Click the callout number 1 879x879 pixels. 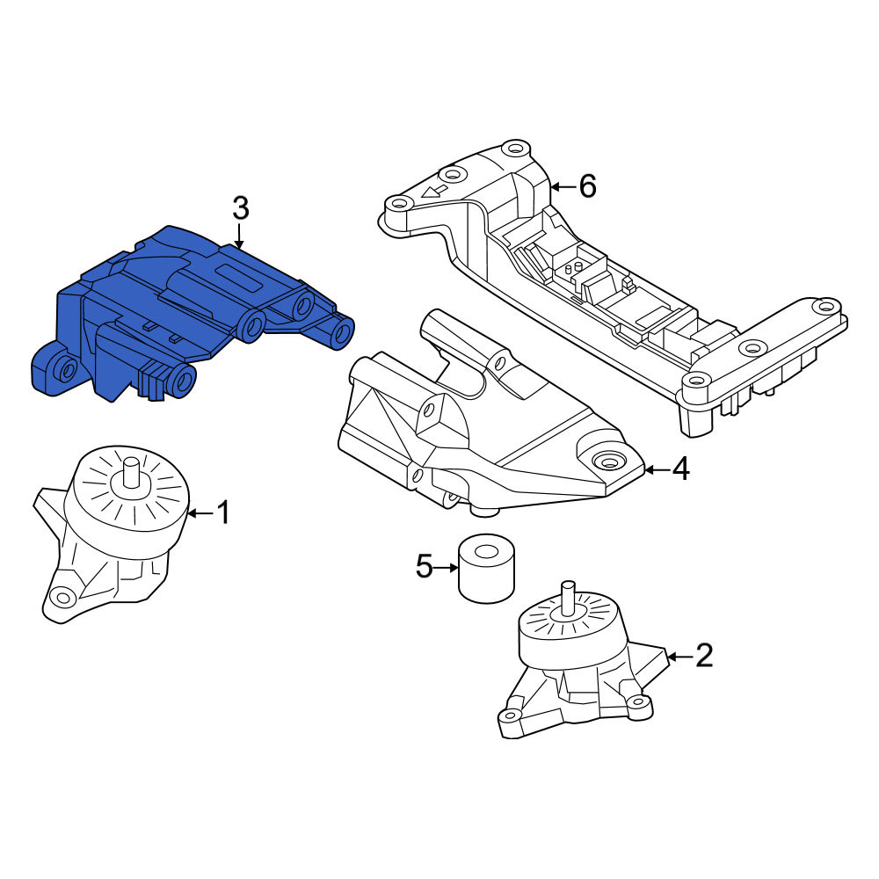click(223, 513)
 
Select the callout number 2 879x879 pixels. click(703, 656)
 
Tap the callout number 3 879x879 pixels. click(240, 208)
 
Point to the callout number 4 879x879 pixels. click(680, 469)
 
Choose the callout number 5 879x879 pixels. click(424, 567)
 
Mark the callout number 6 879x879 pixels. click(587, 186)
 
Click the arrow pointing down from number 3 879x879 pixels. click(239, 236)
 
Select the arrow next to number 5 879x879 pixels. click(447, 568)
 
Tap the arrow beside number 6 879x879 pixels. click(563, 186)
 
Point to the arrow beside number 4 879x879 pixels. click(657, 469)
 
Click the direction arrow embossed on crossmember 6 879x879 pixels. click(435, 191)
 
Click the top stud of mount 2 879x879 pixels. click(569, 595)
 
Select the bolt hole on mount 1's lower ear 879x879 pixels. click(62, 597)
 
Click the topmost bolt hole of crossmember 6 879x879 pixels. click(514, 149)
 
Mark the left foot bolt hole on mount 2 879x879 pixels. click(510, 715)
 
